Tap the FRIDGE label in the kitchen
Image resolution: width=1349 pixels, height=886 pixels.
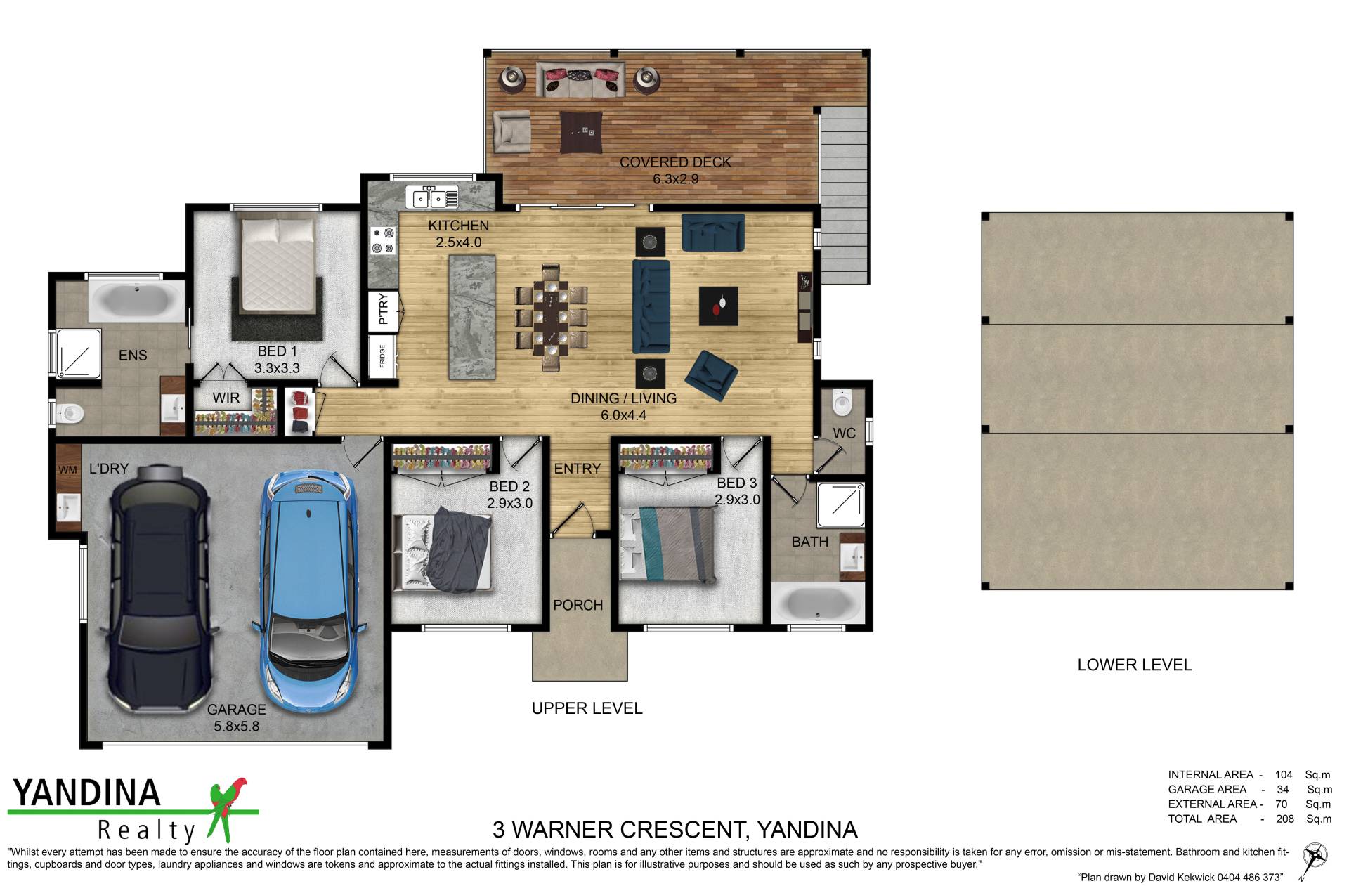pos(382,356)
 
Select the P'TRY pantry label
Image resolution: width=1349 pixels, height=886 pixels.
pos(383,309)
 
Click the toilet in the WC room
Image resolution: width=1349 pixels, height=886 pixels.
pos(841,402)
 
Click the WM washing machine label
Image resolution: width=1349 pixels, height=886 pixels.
pos(67,470)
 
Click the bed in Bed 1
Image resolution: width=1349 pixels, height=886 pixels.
pos(278,267)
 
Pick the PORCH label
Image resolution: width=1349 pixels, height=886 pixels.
pos(578,605)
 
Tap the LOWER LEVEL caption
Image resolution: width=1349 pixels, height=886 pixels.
pos(1135,665)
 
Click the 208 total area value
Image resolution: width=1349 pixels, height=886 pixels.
pos(1284,819)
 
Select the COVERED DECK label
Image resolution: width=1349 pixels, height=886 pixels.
pos(675,162)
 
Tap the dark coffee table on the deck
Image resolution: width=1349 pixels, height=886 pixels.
pos(581,131)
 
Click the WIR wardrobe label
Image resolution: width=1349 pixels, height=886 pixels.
pos(226,398)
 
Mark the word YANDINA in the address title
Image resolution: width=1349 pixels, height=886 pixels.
pos(807,830)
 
